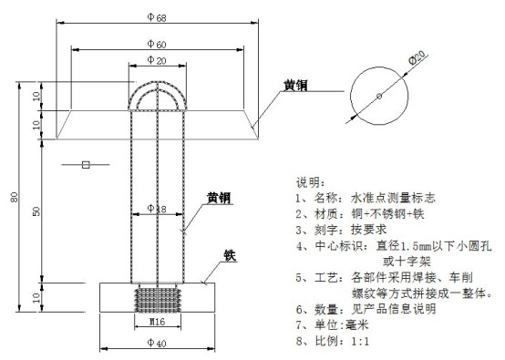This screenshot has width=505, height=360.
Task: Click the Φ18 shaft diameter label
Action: [x=157, y=209]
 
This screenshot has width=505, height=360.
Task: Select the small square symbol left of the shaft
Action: [x=85, y=165]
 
